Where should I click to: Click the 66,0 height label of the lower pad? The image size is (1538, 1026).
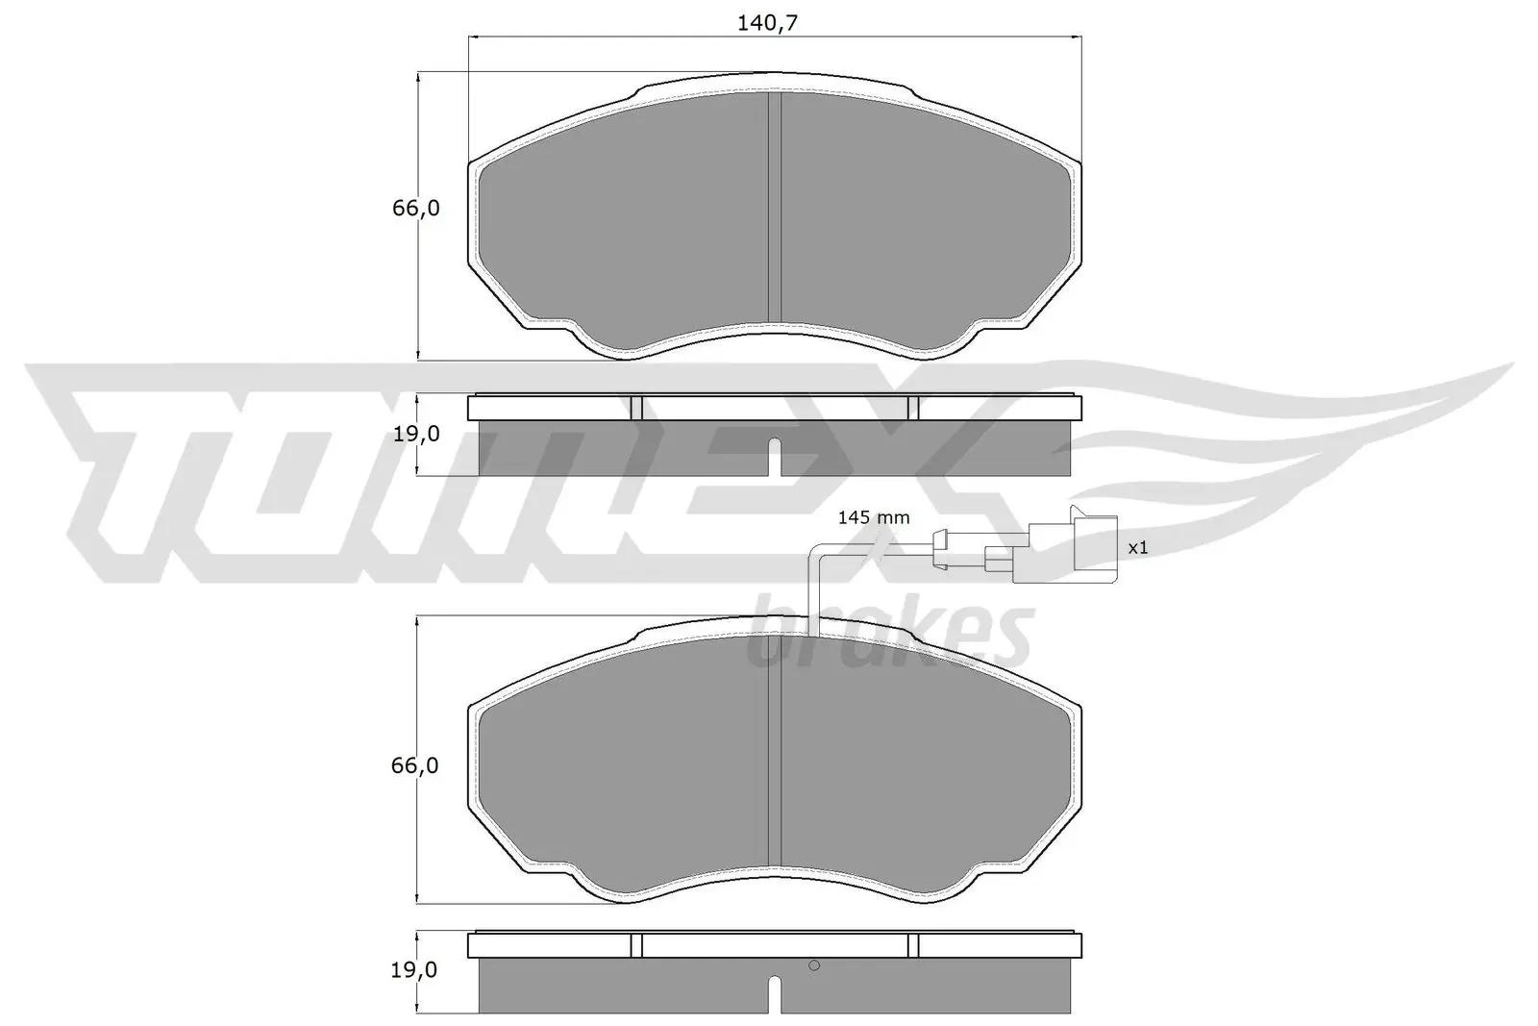(416, 765)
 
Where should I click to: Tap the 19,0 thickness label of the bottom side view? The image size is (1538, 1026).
(416, 970)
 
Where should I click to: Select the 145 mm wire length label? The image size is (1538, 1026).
(873, 517)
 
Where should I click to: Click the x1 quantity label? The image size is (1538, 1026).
(1138, 547)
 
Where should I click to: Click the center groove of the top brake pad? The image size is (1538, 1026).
(775, 207)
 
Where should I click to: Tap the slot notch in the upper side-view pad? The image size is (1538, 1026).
(775, 458)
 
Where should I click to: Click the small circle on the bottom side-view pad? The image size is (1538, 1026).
(813, 966)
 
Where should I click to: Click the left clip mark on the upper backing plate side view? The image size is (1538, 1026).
(635, 408)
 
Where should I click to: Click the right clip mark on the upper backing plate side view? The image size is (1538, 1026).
(913, 408)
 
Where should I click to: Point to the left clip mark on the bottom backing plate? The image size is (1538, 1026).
(635, 945)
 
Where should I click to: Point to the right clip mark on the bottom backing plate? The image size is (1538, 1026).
(913, 945)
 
